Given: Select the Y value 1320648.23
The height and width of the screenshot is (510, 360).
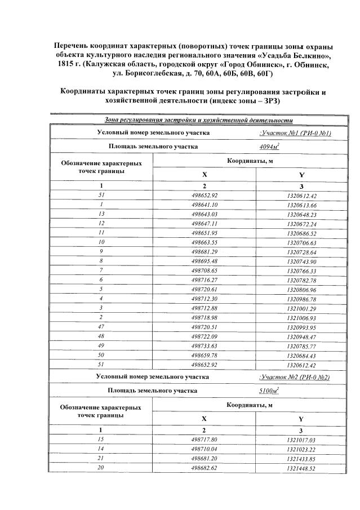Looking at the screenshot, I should [x=301, y=214].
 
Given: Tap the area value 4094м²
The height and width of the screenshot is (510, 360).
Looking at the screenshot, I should [x=269, y=147].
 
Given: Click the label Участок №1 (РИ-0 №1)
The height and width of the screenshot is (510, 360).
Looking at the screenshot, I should [x=295, y=133].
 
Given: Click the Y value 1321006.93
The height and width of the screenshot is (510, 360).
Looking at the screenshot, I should [x=301, y=318].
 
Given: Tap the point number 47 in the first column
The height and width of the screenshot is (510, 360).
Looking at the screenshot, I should [x=101, y=327].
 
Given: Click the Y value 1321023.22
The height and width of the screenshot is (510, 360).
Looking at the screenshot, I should [x=301, y=449].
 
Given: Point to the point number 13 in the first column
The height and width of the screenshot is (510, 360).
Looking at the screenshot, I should [x=101, y=214].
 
